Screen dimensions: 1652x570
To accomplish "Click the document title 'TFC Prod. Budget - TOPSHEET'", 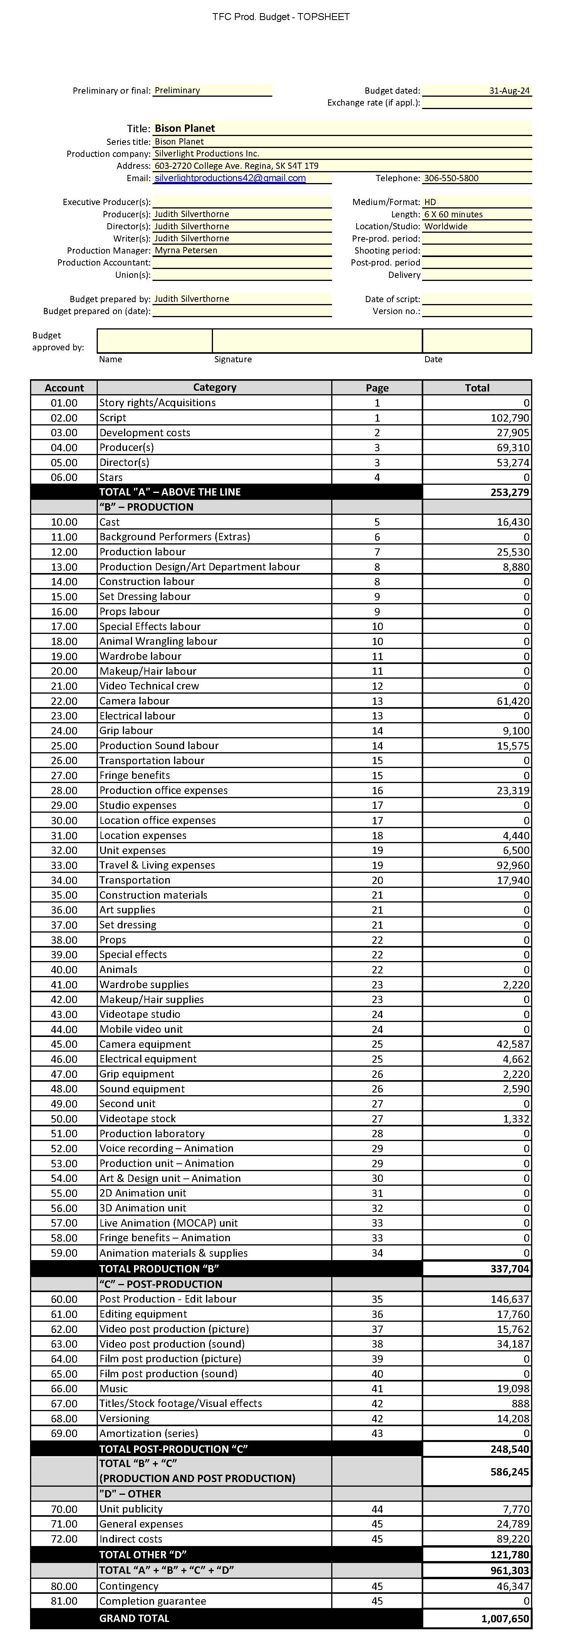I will pos(281,17).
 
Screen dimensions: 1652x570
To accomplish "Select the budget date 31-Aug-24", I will pos(509,91).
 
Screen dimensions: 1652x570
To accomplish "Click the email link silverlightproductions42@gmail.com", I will pos(230,178).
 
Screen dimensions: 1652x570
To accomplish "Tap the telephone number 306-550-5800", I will pos(451,178).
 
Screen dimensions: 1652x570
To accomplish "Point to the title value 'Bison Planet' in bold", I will pos(184,128).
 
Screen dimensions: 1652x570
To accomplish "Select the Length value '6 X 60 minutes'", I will pos(453,214).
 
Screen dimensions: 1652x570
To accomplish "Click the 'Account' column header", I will pos(64,387).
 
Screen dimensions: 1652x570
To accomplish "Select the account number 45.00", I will pos(64,1044).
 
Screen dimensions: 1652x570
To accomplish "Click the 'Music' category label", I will pos(114,1388).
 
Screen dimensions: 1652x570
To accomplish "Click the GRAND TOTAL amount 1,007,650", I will pos(505,1618).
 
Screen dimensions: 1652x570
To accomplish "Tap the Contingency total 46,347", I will pos(513,1586).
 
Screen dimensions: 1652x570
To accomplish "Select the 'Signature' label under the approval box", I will pos(233,359).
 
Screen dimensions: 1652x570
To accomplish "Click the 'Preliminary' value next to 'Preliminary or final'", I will pos(178,91).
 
